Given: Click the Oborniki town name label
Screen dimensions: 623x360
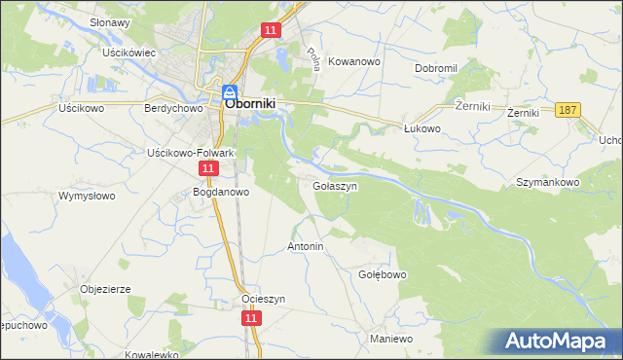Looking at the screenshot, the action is tap(256, 100).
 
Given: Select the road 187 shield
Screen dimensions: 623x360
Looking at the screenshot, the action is tap(569, 111).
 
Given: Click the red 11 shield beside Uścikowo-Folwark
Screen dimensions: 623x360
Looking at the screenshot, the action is tap(208, 169).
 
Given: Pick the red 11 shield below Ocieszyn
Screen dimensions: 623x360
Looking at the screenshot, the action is tap(251, 318).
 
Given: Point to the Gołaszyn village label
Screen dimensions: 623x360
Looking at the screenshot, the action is tap(335, 184).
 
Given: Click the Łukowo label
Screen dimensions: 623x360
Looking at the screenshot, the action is tap(422, 127).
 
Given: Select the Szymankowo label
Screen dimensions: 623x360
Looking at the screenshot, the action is tap(548, 182).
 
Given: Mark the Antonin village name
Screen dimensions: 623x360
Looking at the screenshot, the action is tap(305, 247).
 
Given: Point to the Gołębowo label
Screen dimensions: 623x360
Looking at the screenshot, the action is tap(383, 274).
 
